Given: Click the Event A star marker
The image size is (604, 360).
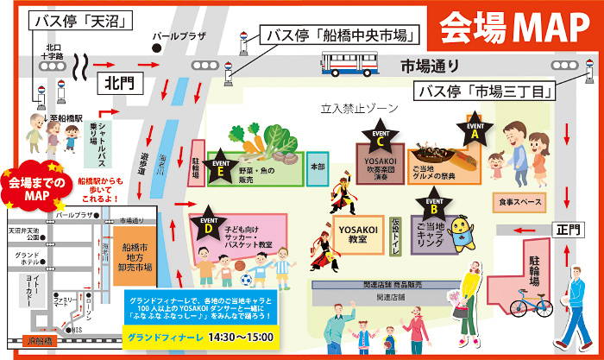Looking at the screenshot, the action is click(x=474, y=129).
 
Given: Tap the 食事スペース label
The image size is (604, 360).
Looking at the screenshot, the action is click(x=520, y=201).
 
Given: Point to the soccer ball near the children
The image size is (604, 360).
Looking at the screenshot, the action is click(x=245, y=280).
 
